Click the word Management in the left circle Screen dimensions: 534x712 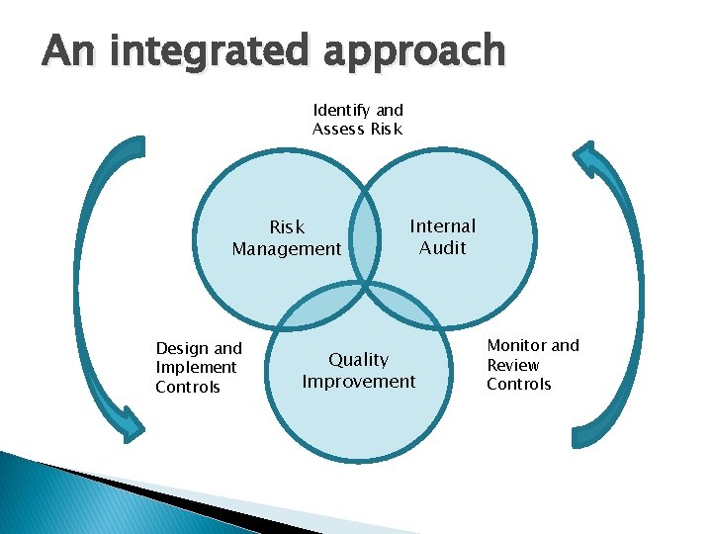(x=287, y=249)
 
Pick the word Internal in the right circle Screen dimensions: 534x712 (x=443, y=226)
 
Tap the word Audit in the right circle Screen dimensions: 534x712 (x=443, y=248)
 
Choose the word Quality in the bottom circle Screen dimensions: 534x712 (x=359, y=360)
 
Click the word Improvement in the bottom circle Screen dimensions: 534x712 (x=359, y=382)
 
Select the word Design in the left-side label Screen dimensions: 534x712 (x=183, y=348)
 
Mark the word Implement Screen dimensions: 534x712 (x=196, y=368)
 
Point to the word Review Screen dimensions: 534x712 (x=513, y=365)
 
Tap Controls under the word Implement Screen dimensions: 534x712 (x=188, y=388)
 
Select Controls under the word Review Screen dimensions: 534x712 (x=519, y=385)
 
